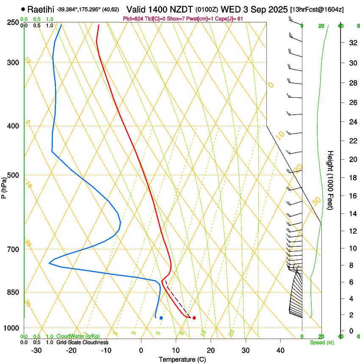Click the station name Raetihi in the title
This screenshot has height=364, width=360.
click(x=41, y=9)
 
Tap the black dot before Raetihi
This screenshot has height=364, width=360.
click(x=22, y=9)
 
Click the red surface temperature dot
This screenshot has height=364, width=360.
click(x=194, y=318)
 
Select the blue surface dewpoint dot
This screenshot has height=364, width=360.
click(x=161, y=318)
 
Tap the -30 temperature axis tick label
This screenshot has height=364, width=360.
click(x=36, y=350)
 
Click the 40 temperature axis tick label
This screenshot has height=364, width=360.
click(x=280, y=350)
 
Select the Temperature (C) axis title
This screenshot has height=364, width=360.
click(x=182, y=360)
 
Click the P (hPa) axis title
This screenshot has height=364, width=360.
click(x=4, y=186)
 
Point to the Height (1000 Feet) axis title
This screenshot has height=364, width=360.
click(x=330, y=180)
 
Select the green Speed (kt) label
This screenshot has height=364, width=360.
click(x=321, y=342)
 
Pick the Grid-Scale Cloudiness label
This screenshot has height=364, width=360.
click(x=82, y=342)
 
